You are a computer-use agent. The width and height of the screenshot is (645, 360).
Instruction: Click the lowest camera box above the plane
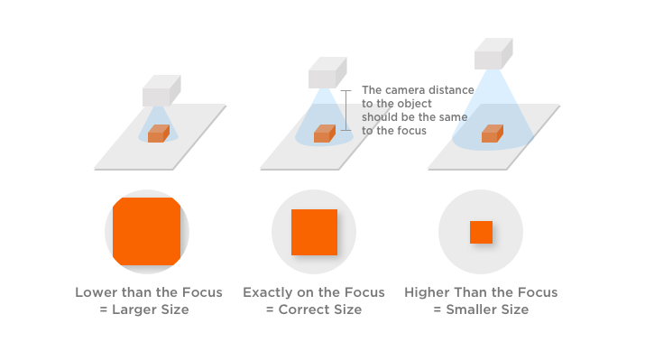(161, 92)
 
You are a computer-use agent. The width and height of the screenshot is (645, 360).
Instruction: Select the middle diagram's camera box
(327, 73)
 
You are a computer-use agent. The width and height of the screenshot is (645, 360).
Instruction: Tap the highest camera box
(493, 53)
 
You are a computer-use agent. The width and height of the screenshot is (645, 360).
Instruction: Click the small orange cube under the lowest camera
(159, 134)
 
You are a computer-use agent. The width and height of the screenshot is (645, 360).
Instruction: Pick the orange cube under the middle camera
(324, 134)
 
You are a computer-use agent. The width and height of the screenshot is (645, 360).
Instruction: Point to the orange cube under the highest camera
(491, 134)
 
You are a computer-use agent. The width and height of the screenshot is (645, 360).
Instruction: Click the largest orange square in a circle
(146, 233)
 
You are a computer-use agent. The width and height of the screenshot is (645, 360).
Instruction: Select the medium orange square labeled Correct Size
(314, 233)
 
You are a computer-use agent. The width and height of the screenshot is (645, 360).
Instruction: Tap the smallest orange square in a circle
(481, 233)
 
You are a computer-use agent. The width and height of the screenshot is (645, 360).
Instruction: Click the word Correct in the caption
(301, 309)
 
